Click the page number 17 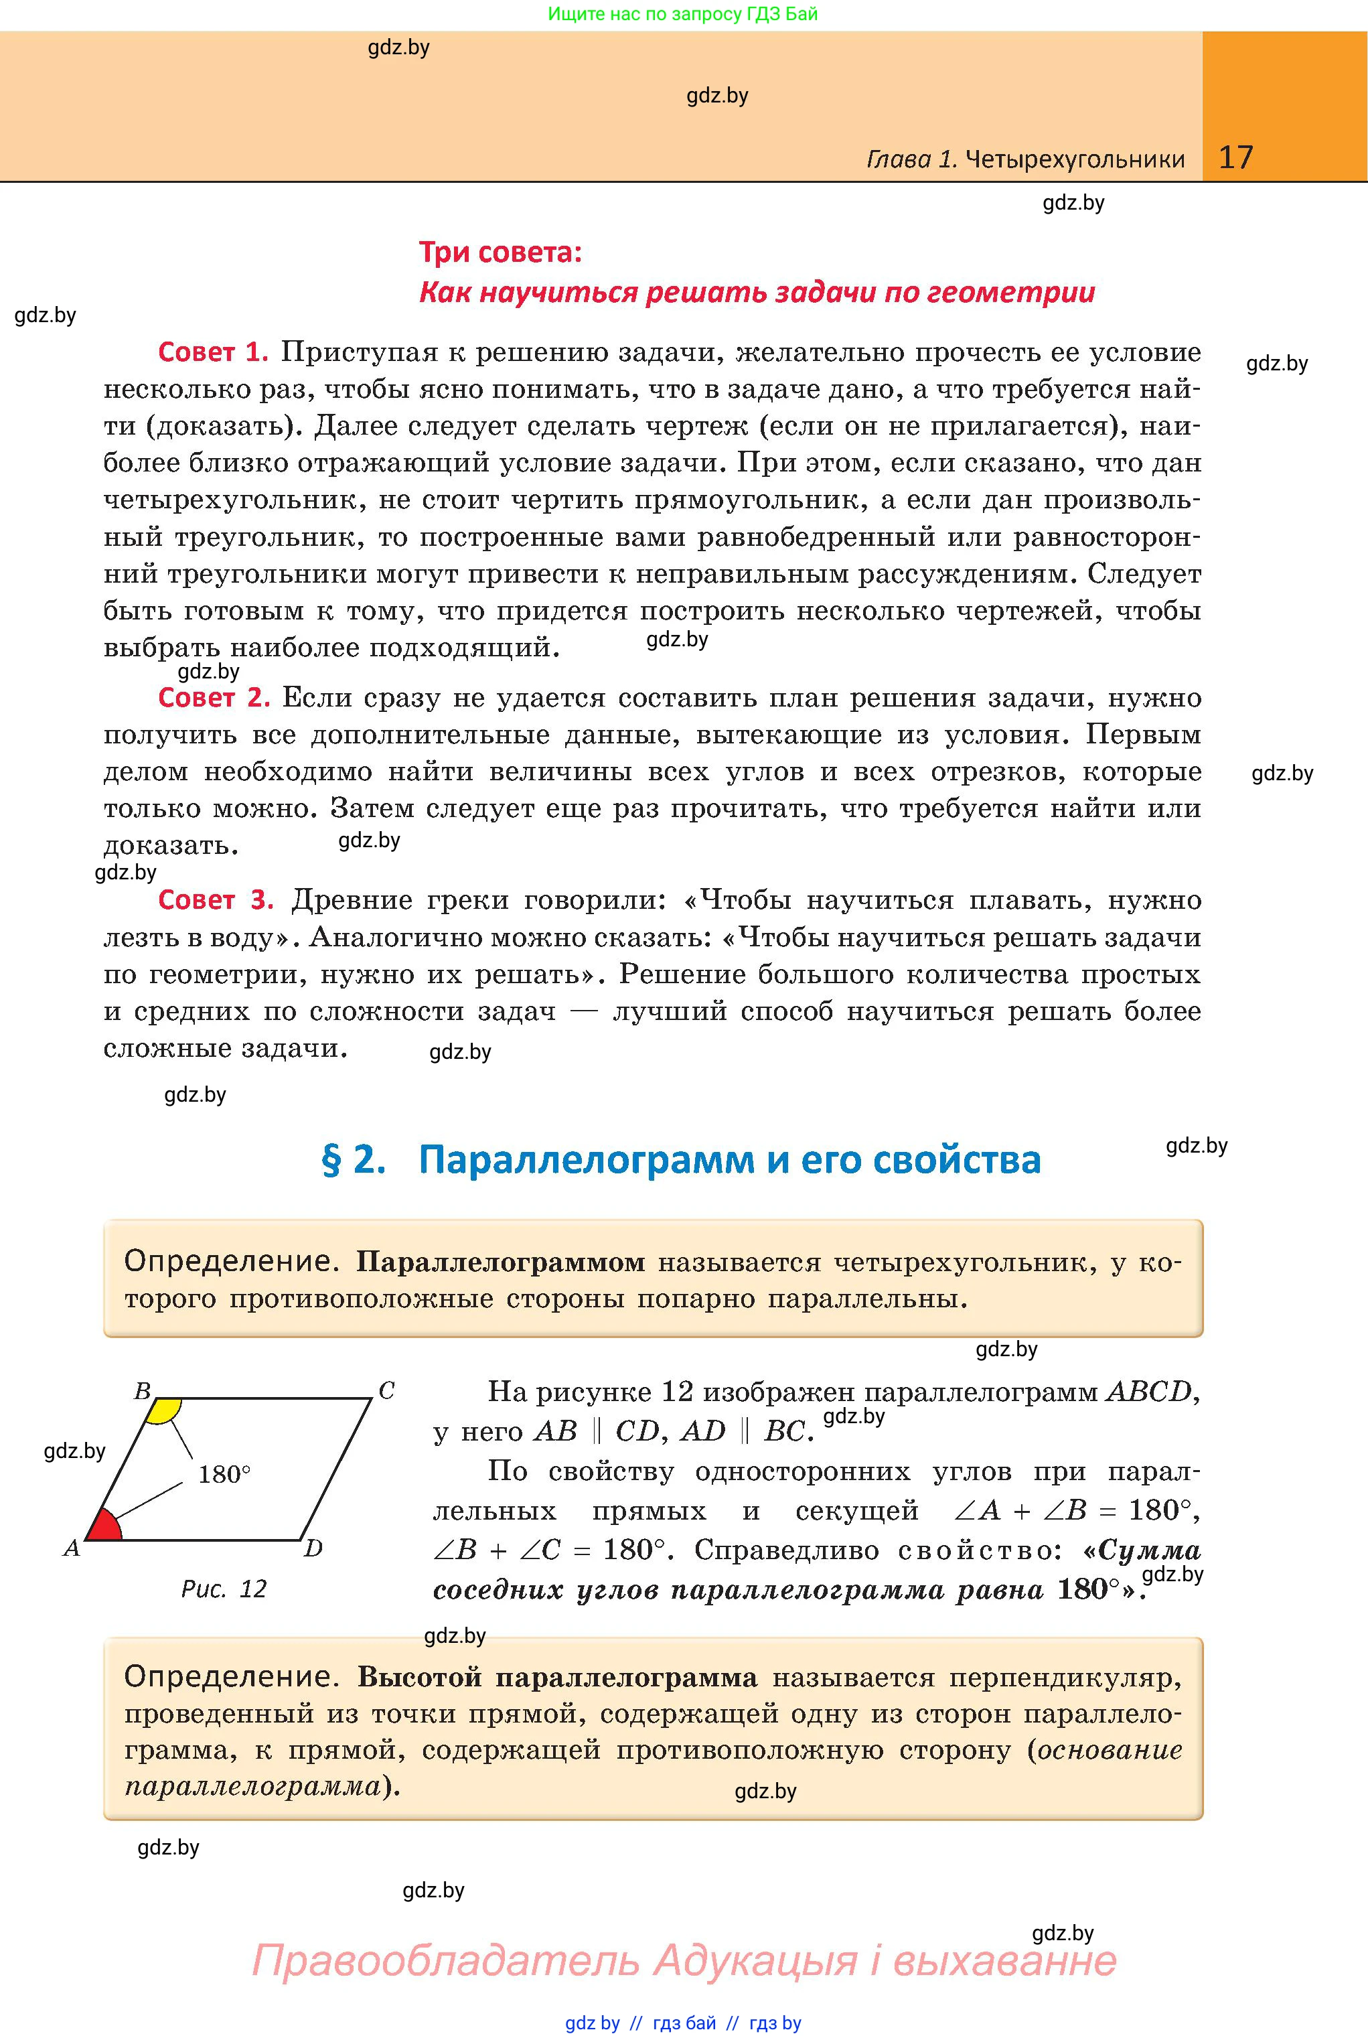[1235, 157]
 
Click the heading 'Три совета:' [500, 252]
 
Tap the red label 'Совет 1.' [212, 352]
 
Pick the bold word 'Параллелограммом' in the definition [501, 1262]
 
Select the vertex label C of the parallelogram [386, 1391]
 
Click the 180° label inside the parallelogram [224, 1475]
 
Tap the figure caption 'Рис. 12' [224, 1588]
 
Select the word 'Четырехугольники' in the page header [1075, 159]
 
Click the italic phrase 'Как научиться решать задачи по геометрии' [757, 291]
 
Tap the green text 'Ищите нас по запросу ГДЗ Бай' [683, 14]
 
